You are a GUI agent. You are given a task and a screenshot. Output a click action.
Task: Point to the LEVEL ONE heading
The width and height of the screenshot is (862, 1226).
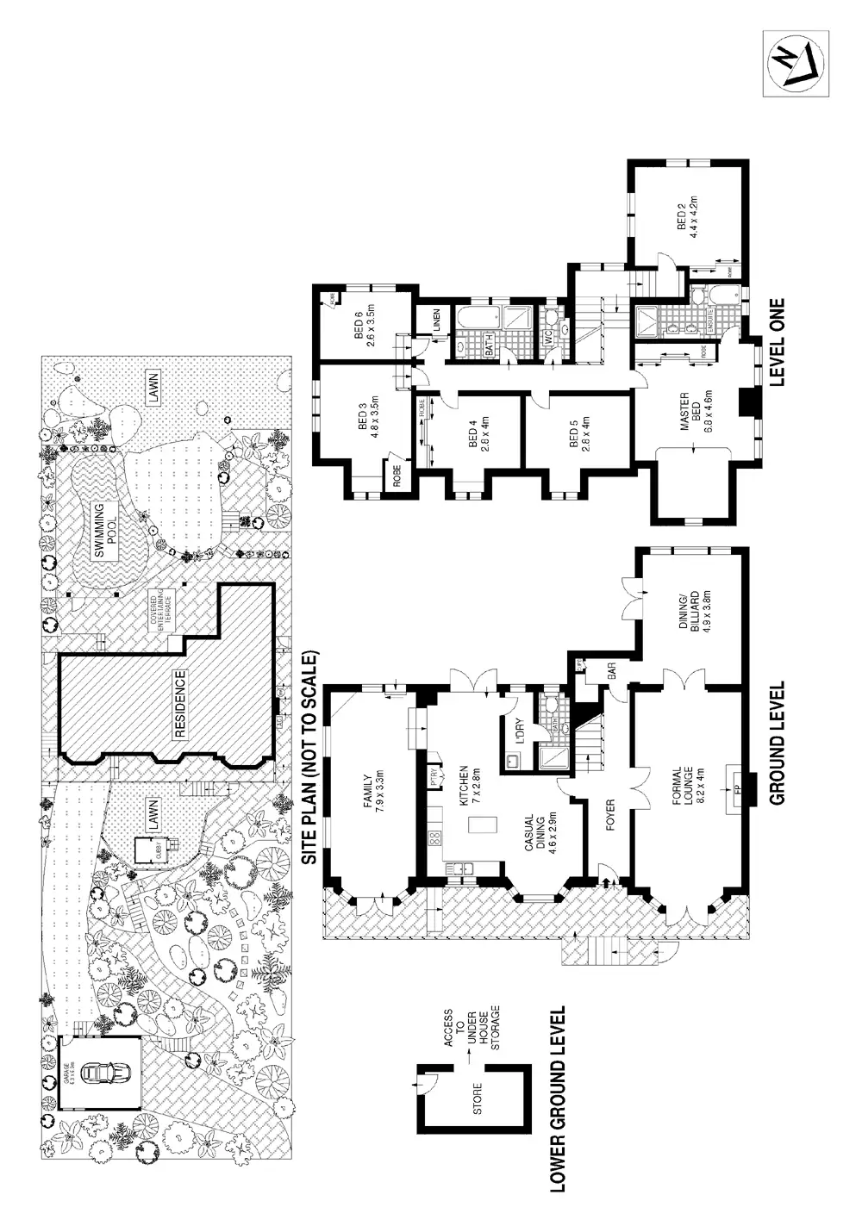776,342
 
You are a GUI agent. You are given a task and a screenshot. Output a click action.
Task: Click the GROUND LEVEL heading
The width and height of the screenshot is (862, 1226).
776,743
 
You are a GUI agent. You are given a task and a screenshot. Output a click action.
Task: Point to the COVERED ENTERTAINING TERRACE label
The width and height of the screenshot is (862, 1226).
162,609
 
